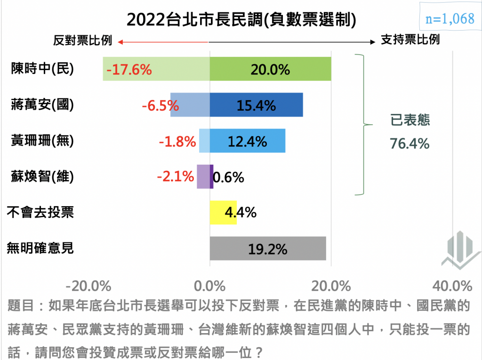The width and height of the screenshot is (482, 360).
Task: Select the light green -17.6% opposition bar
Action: pos(156,69)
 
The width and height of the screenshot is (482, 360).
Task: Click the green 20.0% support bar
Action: pos(270,69)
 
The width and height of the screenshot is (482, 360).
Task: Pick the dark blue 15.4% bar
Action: pos(256,104)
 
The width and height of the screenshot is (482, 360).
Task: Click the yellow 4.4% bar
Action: pos(223,212)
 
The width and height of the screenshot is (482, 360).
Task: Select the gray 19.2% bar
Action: pos(267,248)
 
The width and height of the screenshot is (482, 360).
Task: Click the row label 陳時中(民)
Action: pos(42,69)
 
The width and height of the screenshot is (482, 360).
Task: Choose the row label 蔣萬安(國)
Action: pos(42,104)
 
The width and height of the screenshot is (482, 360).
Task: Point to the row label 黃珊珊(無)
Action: pos(42,141)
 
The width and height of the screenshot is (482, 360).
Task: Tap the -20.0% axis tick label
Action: pos(88,286)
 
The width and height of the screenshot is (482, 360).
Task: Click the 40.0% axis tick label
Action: pos(452,286)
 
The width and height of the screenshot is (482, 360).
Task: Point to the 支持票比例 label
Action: pos(410,40)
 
